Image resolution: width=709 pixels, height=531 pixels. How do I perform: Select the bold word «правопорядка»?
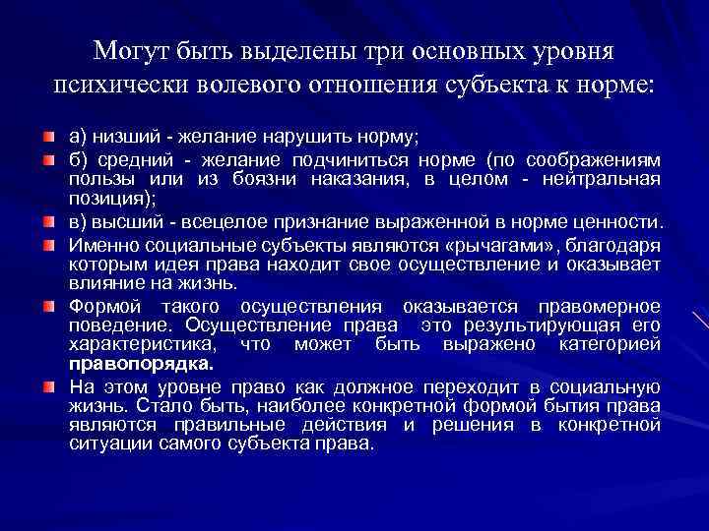click(x=141, y=363)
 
